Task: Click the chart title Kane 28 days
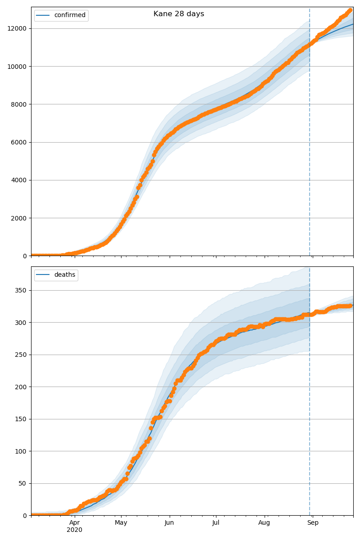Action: point(179,14)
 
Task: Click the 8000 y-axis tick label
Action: point(19,104)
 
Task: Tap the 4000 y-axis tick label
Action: point(19,180)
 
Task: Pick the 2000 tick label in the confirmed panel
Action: point(19,218)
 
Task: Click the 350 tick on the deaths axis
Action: point(22,290)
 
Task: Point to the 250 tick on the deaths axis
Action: point(22,355)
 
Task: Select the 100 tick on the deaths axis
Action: point(22,451)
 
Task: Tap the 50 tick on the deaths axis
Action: point(23,484)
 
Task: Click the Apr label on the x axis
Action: point(75,523)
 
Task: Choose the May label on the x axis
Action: point(121,523)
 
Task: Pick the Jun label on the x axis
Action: point(169,523)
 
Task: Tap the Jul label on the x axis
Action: point(216,523)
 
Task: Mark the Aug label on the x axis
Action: point(264,523)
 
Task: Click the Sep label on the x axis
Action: point(313,523)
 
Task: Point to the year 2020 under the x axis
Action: point(75,530)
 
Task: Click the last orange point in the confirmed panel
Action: point(350,10)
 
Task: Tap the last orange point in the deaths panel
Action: point(350,306)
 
